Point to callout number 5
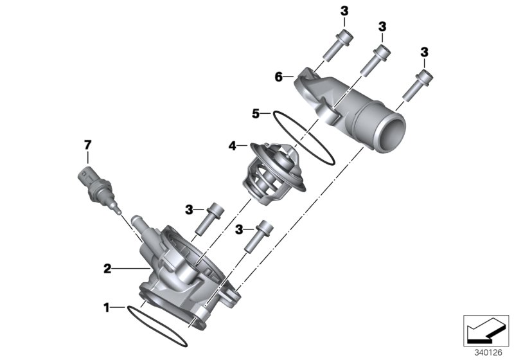(x=256, y=114)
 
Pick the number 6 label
(x=279, y=76)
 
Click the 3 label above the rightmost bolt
(x=425, y=51)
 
